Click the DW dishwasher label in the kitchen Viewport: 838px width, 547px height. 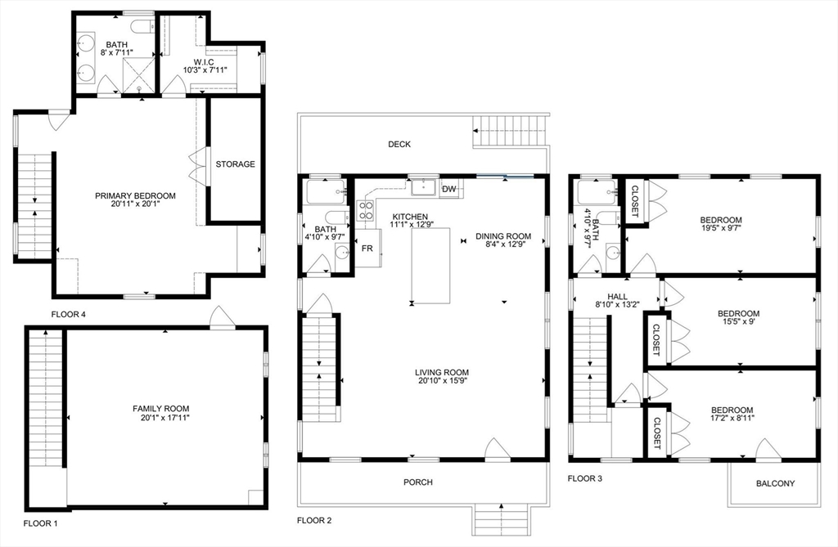pos(448,190)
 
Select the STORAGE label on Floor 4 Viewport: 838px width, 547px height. pos(235,164)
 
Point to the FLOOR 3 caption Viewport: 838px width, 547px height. pos(585,478)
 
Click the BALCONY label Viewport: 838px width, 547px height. pos(773,483)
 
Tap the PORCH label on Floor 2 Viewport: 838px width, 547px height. pos(418,482)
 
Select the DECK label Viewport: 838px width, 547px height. pos(399,145)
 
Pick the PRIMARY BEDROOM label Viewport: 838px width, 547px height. pos(135,195)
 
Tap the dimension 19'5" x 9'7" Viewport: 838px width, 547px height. pos(721,231)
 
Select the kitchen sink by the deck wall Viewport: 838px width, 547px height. pos(423,187)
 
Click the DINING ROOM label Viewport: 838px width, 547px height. pos(503,236)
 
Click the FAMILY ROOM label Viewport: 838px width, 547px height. pos(161,408)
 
